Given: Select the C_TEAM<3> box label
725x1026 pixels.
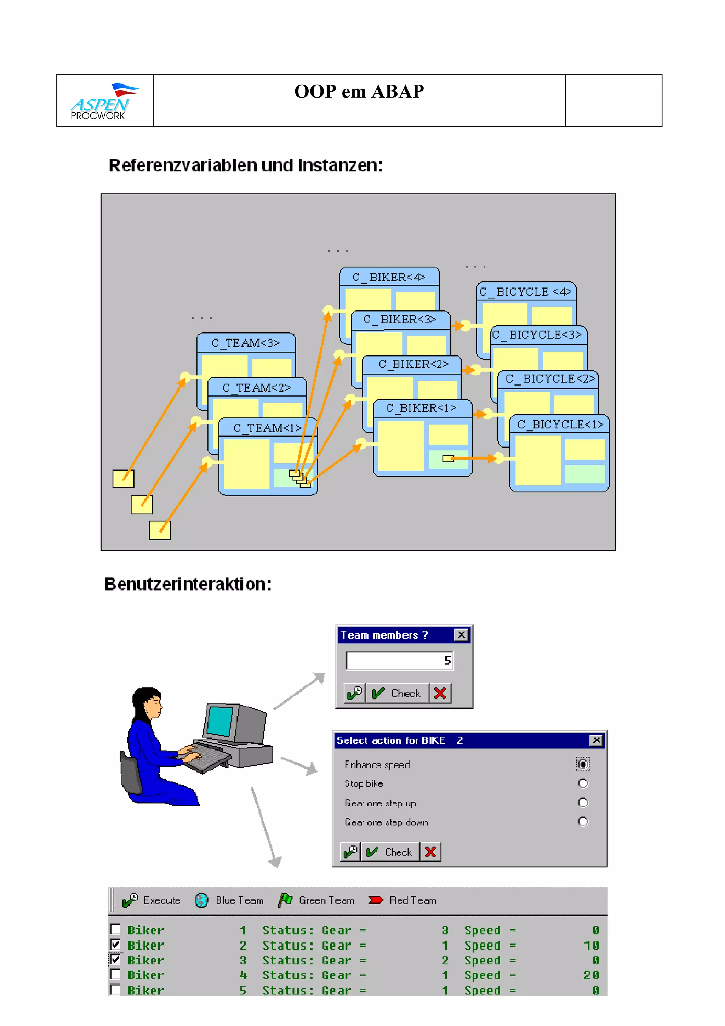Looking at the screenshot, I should [246, 343].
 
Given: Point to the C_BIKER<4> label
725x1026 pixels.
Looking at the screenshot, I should [389, 277].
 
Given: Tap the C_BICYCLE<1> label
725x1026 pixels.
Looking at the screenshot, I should [560, 424].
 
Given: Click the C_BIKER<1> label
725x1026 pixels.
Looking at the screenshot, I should [421, 408].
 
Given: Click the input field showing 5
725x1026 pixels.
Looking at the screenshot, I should [399, 661].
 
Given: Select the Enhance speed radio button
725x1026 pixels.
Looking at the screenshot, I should [582, 764].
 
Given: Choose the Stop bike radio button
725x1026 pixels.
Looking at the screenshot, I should [582, 783].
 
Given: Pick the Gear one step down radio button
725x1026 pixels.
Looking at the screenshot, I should [582, 822].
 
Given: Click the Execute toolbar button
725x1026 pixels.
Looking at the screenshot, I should [152, 900].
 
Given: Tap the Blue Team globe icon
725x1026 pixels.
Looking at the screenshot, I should [201, 900].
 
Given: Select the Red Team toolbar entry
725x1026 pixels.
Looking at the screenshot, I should [403, 900].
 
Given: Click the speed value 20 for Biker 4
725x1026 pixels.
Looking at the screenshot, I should [591, 975].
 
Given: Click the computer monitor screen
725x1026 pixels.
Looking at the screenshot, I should [220, 721].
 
